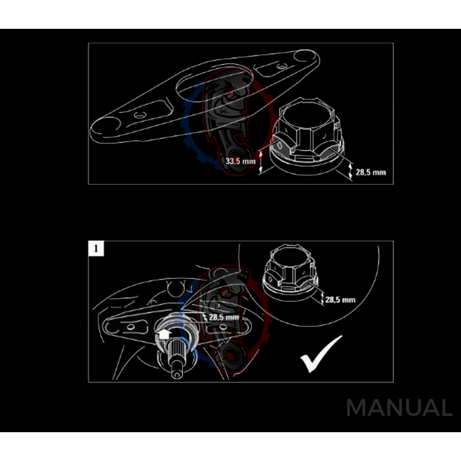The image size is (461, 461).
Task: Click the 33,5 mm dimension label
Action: [240, 162]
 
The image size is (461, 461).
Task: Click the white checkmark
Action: [321, 353]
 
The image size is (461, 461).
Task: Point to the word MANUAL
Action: [399, 408]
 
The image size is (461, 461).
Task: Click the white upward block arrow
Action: [163, 334]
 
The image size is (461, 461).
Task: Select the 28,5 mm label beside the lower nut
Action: [340, 300]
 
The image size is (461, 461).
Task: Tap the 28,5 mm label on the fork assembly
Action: [224, 318]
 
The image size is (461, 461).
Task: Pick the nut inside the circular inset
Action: [288, 271]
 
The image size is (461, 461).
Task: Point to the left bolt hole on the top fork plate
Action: [139, 115]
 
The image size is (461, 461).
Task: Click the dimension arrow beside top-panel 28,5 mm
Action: [351, 171]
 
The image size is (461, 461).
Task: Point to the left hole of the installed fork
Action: [130, 327]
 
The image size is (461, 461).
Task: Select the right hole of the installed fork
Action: [224, 328]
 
